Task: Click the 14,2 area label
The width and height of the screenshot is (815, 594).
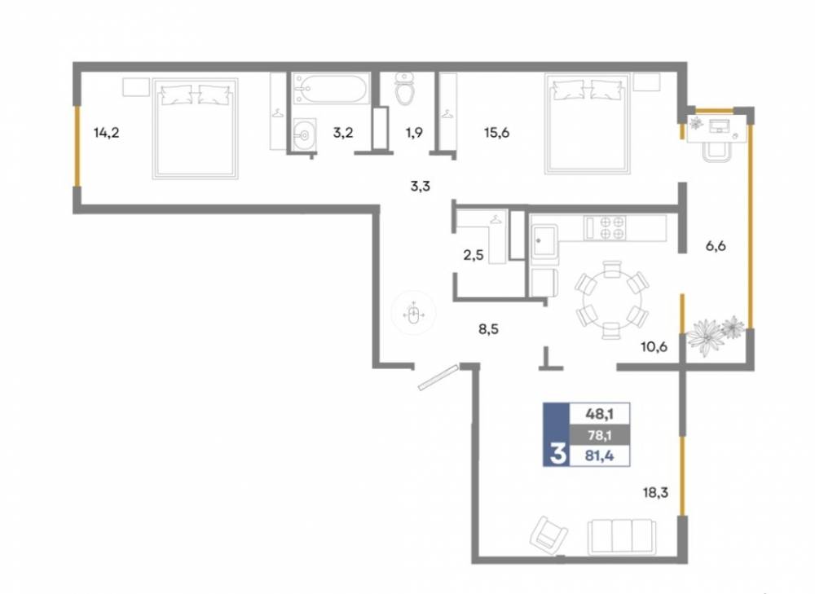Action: pos(107,133)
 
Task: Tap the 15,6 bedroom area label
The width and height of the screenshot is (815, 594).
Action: pos(496,133)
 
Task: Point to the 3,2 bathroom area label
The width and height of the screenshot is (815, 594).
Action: pos(343,133)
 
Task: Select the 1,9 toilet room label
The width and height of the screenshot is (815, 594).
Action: pos(414,133)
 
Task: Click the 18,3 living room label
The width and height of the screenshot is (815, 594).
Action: pos(655,492)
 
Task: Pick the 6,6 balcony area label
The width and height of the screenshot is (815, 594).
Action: pos(716,246)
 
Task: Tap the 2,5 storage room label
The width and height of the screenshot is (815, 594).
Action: pos(474,255)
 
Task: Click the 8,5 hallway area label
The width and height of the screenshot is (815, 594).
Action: pos(488,328)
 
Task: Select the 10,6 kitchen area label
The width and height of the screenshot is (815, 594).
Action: pos(654,346)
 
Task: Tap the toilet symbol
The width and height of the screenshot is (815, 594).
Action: pos(404,89)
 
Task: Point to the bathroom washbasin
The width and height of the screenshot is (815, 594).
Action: pos(304,134)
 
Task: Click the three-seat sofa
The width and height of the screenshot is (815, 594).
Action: pos(622,537)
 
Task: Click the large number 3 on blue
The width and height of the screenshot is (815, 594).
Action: pos(557,453)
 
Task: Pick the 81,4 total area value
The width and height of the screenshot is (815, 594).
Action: pos(599,456)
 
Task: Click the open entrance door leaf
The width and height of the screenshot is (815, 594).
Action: pos(438,376)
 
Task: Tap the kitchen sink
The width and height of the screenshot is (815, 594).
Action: pos(544,240)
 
